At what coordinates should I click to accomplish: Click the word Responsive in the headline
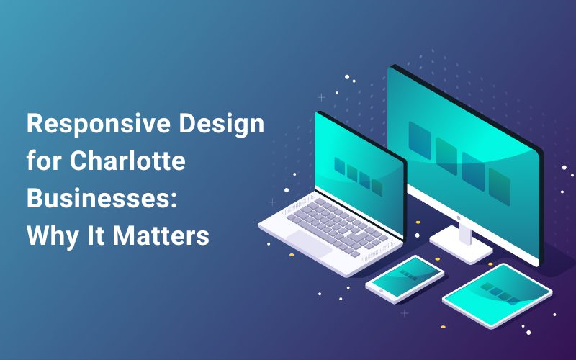pos(99,124)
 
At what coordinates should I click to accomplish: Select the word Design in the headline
pos(222,124)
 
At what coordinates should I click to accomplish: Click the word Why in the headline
pos(53,237)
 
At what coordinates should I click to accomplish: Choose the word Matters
pos(161,235)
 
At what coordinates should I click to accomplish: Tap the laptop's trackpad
pos(309,243)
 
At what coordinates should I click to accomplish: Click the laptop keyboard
pos(337,227)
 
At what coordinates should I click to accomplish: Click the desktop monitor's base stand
pos(461,244)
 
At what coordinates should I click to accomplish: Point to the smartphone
pos(405,279)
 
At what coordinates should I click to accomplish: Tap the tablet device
pos(498,295)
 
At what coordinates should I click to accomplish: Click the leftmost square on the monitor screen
pos(420,140)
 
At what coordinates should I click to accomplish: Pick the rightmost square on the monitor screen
pos(500,186)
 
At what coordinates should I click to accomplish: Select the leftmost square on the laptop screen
pos(339,166)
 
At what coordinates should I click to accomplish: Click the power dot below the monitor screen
pos(459,218)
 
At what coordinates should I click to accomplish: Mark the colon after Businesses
pos(174,199)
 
